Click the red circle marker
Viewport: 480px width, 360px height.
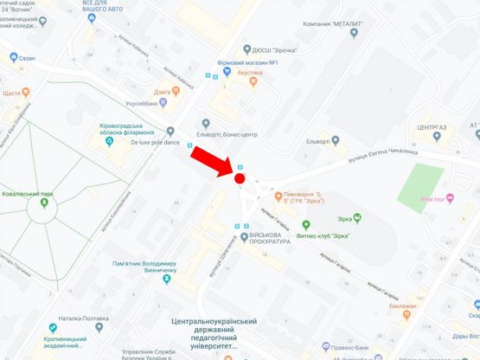click(x=240, y=178)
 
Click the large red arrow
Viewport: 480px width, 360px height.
click(x=213, y=162)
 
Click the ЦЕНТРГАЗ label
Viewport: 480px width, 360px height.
click(x=431, y=126)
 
